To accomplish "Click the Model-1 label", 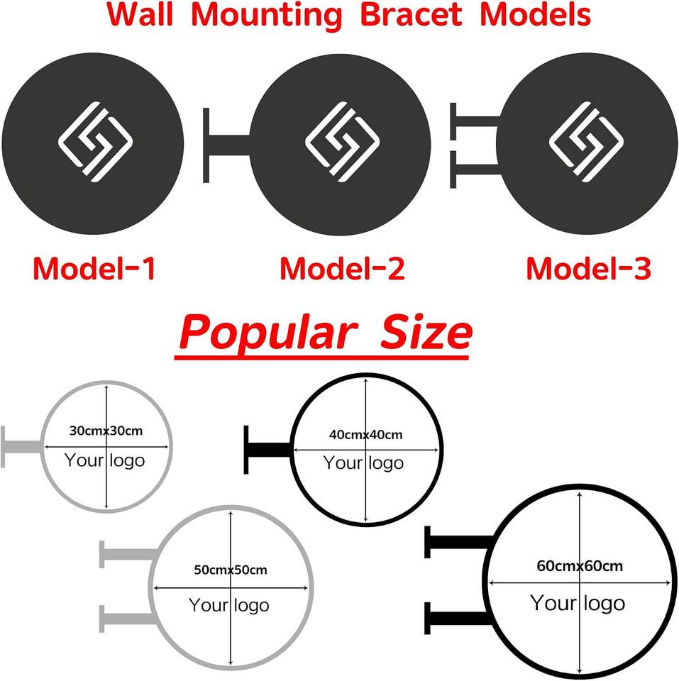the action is [94, 268].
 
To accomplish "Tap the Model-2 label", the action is [342, 268].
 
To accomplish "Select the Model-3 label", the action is [589, 268].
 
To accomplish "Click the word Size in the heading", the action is [426, 332].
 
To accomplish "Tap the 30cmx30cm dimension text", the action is [106, 431].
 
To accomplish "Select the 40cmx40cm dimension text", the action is [366, 435].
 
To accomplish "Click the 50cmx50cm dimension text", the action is [231, 570].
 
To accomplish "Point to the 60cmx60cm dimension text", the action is [580, 566].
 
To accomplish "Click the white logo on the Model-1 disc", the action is [95, 142].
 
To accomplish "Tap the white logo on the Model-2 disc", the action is [342, 142].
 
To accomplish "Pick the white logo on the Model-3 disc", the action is [587, 142].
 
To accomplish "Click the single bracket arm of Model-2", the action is [226, 145].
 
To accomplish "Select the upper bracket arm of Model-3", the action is [475, 121].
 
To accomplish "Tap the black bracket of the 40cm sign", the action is [267, 450].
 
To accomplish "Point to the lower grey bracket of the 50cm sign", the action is [128, 619].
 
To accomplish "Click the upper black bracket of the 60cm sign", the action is [459, 542].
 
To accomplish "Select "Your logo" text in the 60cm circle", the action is [578, 603].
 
